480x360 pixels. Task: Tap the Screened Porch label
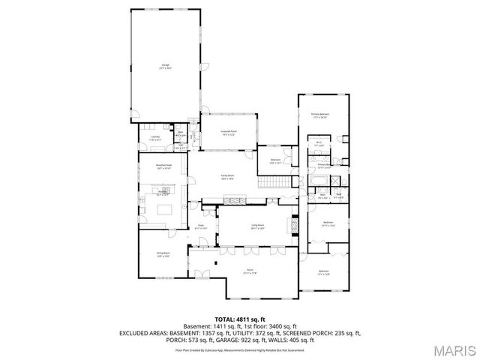click(x=228, y=133)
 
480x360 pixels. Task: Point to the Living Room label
click(x=257, y=225)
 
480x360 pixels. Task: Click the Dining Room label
click(x=162, y=254)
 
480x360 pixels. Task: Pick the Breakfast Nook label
click(x=163, y=166)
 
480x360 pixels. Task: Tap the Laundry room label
click(x=155, y=138)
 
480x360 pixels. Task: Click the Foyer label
click(x=202, y=226)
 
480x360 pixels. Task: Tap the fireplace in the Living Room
click(x=294, y=225)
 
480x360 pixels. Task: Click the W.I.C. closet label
click(x=318, y=144)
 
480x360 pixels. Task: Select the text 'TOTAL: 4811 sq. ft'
click(x=238, y=319)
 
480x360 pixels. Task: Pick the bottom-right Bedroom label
click(x=323, y=271)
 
